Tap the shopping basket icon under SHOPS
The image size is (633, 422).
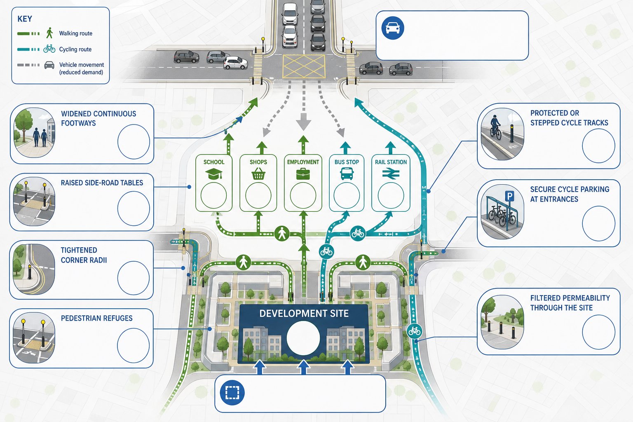[x=258, y=173]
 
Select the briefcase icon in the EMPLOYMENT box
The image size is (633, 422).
[x=303, y=174]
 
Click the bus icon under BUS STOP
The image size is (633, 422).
[x=347, y=173]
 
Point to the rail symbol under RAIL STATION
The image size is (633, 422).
[x=391, y=174]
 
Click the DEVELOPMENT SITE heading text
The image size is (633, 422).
[x=304, y=314]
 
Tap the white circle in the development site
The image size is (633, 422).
[x=303, y=338]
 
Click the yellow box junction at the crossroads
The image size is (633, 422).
[x=304, y=66]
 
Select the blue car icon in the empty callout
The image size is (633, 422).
[x=392, y=28]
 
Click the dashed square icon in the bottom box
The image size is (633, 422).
[x=232, y=393]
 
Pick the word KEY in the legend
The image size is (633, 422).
[x=25, y=19]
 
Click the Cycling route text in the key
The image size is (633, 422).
[x=75, y=49]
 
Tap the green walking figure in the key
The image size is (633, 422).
[x=49, y=33]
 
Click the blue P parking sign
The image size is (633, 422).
[x=509, y=196]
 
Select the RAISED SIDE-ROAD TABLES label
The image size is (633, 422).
[x=102, y=183]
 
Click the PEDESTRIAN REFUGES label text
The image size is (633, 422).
[x=97, y=318]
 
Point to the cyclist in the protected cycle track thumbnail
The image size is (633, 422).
[x=495, y=127]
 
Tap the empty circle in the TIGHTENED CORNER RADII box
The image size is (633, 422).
[x=134, y=278]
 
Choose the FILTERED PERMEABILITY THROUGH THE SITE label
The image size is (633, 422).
[x=570, y=303]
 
